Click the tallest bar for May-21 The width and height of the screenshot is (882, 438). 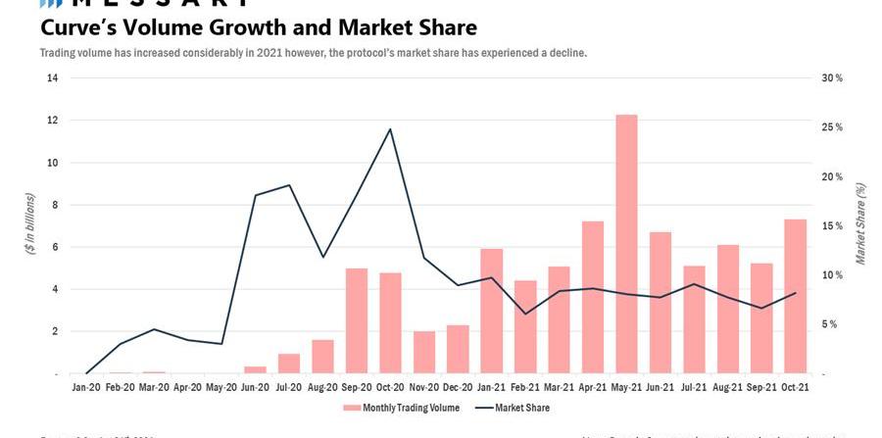(x=626, y=245)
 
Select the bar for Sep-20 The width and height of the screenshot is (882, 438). (x=357, y=321)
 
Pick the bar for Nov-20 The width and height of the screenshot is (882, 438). (x=424, y=353)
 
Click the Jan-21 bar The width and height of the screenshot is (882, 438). (x=492, y=312)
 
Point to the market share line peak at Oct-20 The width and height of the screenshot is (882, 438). (x=390, y=129)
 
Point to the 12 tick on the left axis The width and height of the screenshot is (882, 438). (x=52, y=121)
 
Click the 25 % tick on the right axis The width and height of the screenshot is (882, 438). (x=831, y=127)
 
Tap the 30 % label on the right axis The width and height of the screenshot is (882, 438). (x=831, y=78)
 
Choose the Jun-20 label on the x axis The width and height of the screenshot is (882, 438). (x=255, y=388)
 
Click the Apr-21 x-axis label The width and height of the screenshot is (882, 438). (x=592, y=388)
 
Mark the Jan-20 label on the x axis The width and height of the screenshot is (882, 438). (x=86, y=388)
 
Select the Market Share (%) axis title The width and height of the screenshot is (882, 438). (x=860, y=223)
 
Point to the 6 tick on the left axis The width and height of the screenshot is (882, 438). (x=55, y=247)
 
